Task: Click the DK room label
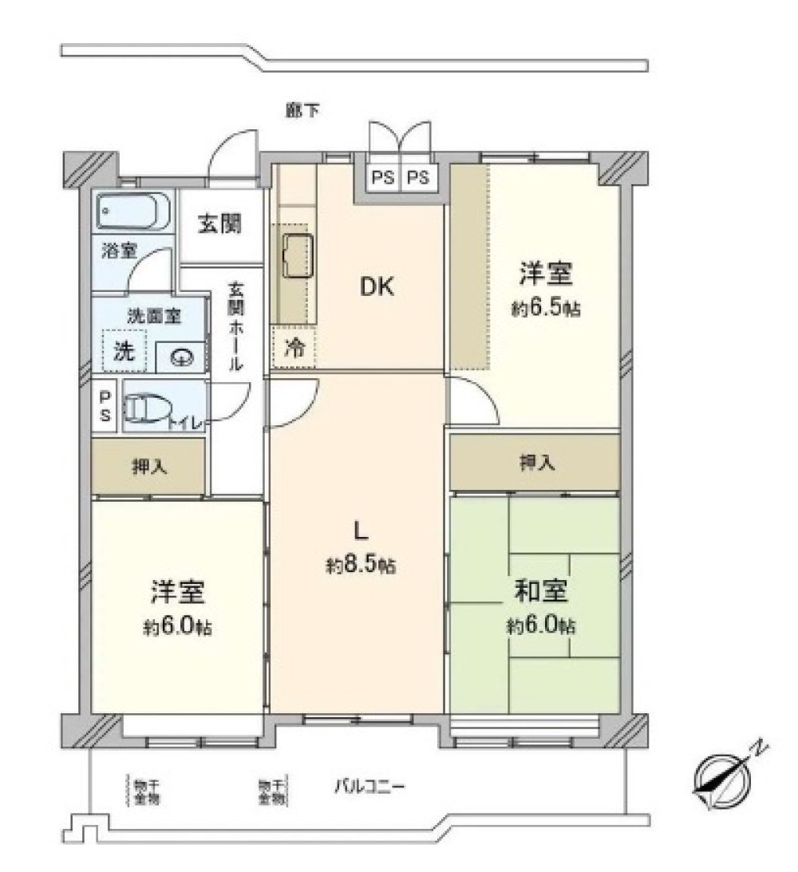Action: (x=377, y=287)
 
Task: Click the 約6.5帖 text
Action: (x=546, y=310)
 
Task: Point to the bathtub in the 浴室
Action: (x=133, y=211)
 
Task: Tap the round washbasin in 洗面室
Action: (x=183, y=357)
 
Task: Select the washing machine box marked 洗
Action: (x=124, y=350)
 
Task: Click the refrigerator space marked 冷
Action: (x=294, y=348)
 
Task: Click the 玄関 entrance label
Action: (x=219, y=225)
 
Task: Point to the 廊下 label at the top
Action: (x=302, y=111)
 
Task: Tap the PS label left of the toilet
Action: (x=105, y=406)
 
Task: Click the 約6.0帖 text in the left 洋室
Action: (x=177, y=627)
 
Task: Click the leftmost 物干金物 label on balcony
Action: (x=144, y=791)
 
